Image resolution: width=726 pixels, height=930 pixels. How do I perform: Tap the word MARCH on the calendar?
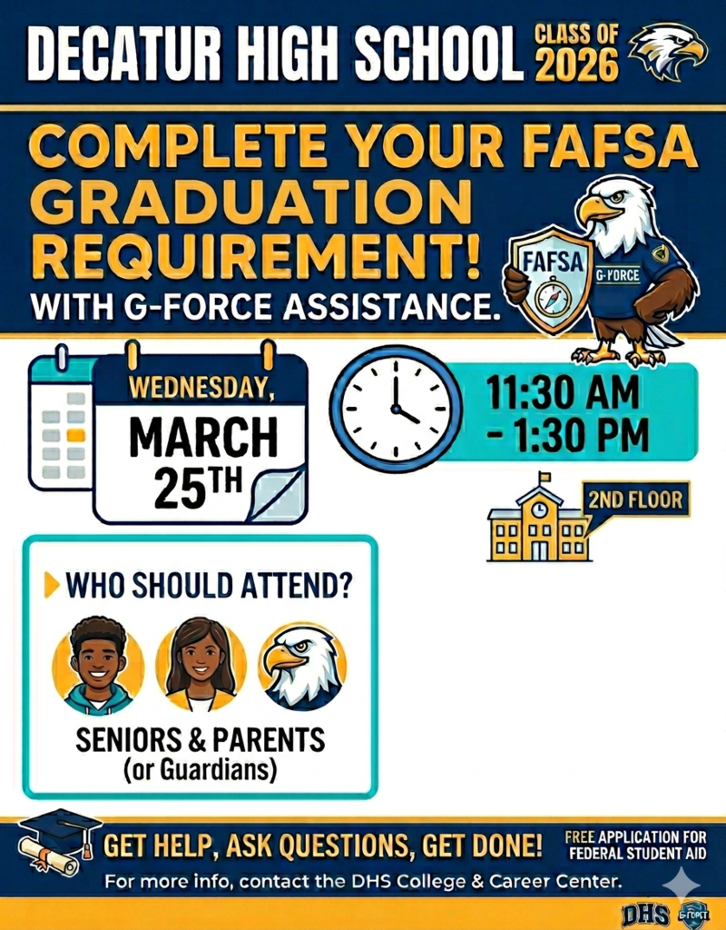202,439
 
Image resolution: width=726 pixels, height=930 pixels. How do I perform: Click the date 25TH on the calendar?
199,487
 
